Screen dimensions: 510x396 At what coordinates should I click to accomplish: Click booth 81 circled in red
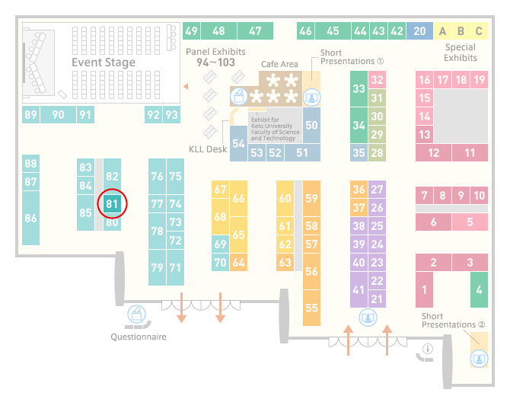pos(112,203)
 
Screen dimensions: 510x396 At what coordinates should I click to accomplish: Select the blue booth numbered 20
pos(419,31)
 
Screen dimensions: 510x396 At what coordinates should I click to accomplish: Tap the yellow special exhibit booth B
pos(461,31)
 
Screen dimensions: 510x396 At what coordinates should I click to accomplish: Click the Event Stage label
pos(104,62)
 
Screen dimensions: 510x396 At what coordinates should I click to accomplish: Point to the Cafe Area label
pos(279,64)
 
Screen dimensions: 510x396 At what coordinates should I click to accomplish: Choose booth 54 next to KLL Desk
pos(238,143)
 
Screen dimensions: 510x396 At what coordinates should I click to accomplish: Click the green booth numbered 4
pos(479,289)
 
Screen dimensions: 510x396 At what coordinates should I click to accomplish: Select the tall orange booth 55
pos(311,308)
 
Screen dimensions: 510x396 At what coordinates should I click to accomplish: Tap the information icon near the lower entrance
pos(427,349)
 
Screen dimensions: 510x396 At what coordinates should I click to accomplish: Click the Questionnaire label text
pos(139,337)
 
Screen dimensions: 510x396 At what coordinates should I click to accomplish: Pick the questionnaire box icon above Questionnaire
pos(136,315)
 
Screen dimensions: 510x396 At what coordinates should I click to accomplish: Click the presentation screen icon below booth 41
pos(368,318)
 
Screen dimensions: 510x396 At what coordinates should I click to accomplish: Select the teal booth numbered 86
pos(31,218)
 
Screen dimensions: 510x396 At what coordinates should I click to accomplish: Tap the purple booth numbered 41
pos(359,289)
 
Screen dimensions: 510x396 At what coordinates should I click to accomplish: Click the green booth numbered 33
pos(359,88)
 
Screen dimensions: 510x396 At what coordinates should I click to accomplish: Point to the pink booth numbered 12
pos(433,152)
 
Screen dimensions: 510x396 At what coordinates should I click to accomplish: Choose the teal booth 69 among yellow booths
pos(220,244)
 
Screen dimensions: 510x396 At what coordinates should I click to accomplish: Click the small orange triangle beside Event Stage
pos(186,86)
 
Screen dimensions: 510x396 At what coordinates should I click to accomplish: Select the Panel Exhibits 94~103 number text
pos(215,62)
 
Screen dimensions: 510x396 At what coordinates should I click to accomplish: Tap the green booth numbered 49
pos(192,31)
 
